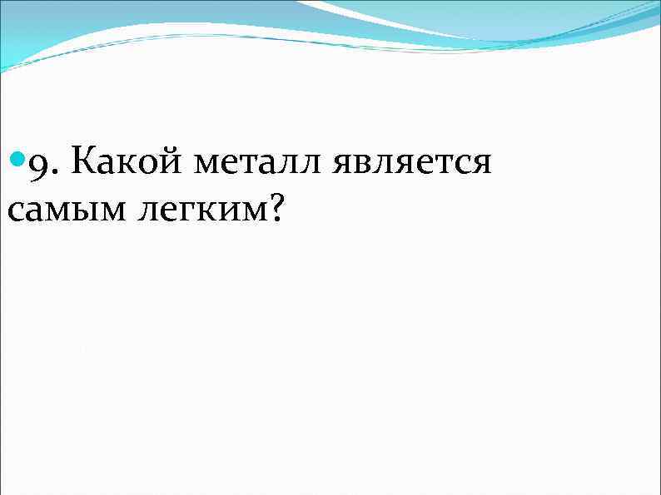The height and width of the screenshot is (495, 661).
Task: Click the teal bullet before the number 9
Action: [x=17, y=160]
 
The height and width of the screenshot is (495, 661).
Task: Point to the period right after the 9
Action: [x=54, y=171]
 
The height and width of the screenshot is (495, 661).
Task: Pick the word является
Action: [x=411, y=162]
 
